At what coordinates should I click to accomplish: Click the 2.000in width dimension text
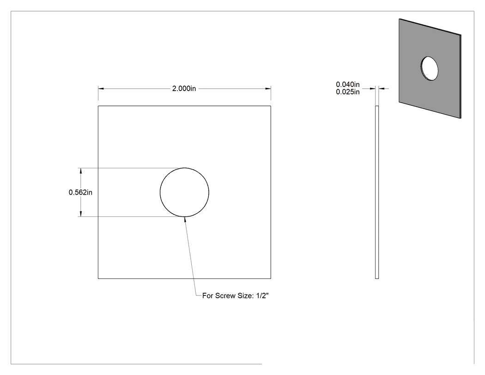click(184, 89)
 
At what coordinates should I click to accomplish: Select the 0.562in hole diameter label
click(80, 192)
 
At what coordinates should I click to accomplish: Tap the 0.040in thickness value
click(348, 84)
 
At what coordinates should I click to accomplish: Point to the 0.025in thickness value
click(348, 92)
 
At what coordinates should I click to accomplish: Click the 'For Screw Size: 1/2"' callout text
click(236, 296)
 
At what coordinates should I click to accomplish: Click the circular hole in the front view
click(160, 192)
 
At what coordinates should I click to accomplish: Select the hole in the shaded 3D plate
click(429, 68)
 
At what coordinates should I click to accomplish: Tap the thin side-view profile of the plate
click(377, 192)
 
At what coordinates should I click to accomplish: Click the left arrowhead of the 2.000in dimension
click(101, 89)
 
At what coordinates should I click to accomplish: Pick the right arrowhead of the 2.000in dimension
click(268, 89)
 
